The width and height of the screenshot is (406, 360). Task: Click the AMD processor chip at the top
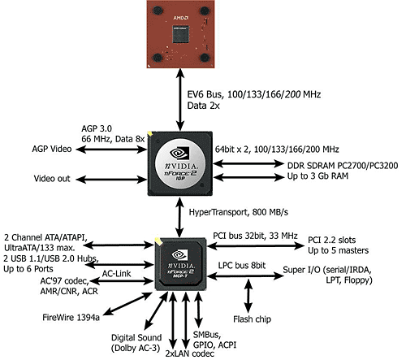pos(181,34)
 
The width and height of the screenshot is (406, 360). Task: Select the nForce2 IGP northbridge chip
pos(180,163)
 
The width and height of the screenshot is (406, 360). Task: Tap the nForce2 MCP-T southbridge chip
pos(179,264)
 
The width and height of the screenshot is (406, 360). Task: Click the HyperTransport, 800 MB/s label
pos(239,212)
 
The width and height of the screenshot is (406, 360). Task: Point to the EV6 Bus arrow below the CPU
pos(180,100)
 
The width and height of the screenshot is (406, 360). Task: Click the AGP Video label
pos(52,149)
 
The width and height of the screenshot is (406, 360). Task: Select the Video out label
pos(52,179)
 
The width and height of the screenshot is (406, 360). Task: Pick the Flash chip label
pos(252,319)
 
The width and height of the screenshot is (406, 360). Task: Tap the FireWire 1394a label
pos(71,317)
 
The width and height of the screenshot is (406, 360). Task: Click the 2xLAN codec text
pos(190,353)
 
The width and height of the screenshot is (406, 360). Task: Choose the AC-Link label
pos(116,274)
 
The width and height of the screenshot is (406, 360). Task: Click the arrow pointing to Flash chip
pos(248,296)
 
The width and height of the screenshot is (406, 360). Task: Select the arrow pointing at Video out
pos(111,180)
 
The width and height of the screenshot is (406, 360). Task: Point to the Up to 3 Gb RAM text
pos(317,176)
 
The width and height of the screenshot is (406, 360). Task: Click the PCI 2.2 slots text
pos(332,240)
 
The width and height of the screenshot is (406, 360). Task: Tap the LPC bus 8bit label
pos(242,266)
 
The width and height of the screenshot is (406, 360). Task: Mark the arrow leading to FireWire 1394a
pos(127,304)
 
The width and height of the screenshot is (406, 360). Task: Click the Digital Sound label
pos(136,337)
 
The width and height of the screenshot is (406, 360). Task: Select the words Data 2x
pos(203,106)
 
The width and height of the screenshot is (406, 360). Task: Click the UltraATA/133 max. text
pos(40,248)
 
